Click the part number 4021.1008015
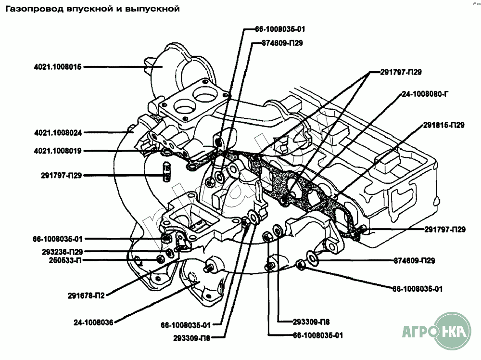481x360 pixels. (x=58, y=67)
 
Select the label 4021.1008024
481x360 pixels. (x=58, y=133)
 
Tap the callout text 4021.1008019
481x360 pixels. (x=58, y=151)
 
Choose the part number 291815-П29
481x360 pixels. (x=444, y=125)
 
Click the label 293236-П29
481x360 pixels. (x=62, y=252)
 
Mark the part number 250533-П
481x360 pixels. (x=65, y=260)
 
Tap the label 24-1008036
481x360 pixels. (x=93, y=322)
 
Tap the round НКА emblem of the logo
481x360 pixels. (x=454, y=331)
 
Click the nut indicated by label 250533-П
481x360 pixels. (x=160, y=258)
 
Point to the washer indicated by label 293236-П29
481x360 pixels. (x=169, y=253)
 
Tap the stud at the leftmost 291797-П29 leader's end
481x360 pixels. (x=166, y=171)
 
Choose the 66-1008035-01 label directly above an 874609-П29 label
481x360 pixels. (x=280, y=29)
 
